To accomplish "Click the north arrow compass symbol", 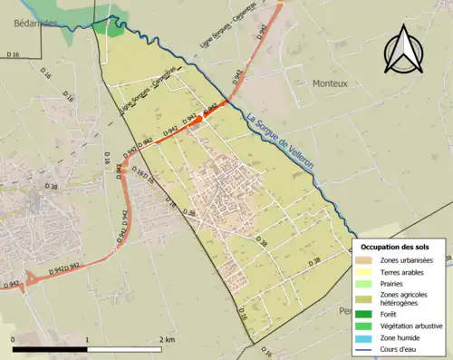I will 404,49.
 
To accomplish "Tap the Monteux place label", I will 330,83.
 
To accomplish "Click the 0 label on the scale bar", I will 13,340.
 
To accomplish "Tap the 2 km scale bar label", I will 168,340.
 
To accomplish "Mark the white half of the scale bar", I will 124,349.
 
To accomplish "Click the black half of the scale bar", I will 50,349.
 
